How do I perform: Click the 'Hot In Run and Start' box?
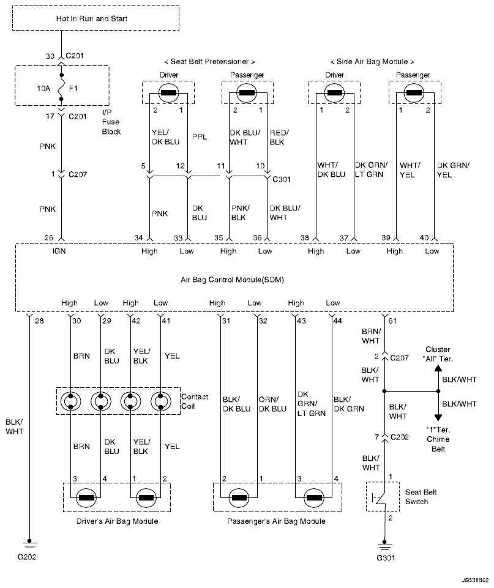95,18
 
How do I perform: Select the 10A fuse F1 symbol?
61,87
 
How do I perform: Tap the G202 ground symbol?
29,544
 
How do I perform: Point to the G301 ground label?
386,557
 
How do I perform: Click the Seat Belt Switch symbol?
383,497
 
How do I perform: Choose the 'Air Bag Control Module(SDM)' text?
232,280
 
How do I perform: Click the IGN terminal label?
59,251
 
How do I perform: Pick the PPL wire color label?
200,137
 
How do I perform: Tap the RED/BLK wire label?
279,137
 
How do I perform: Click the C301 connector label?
282,179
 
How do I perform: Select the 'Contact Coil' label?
194,401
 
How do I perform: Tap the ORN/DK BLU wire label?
272,404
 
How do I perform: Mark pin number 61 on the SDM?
392,321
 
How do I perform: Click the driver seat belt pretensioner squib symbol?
168,92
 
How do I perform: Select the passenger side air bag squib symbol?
414,92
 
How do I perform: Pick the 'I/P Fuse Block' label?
111,122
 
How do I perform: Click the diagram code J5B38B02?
475,580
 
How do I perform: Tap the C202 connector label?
400,437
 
